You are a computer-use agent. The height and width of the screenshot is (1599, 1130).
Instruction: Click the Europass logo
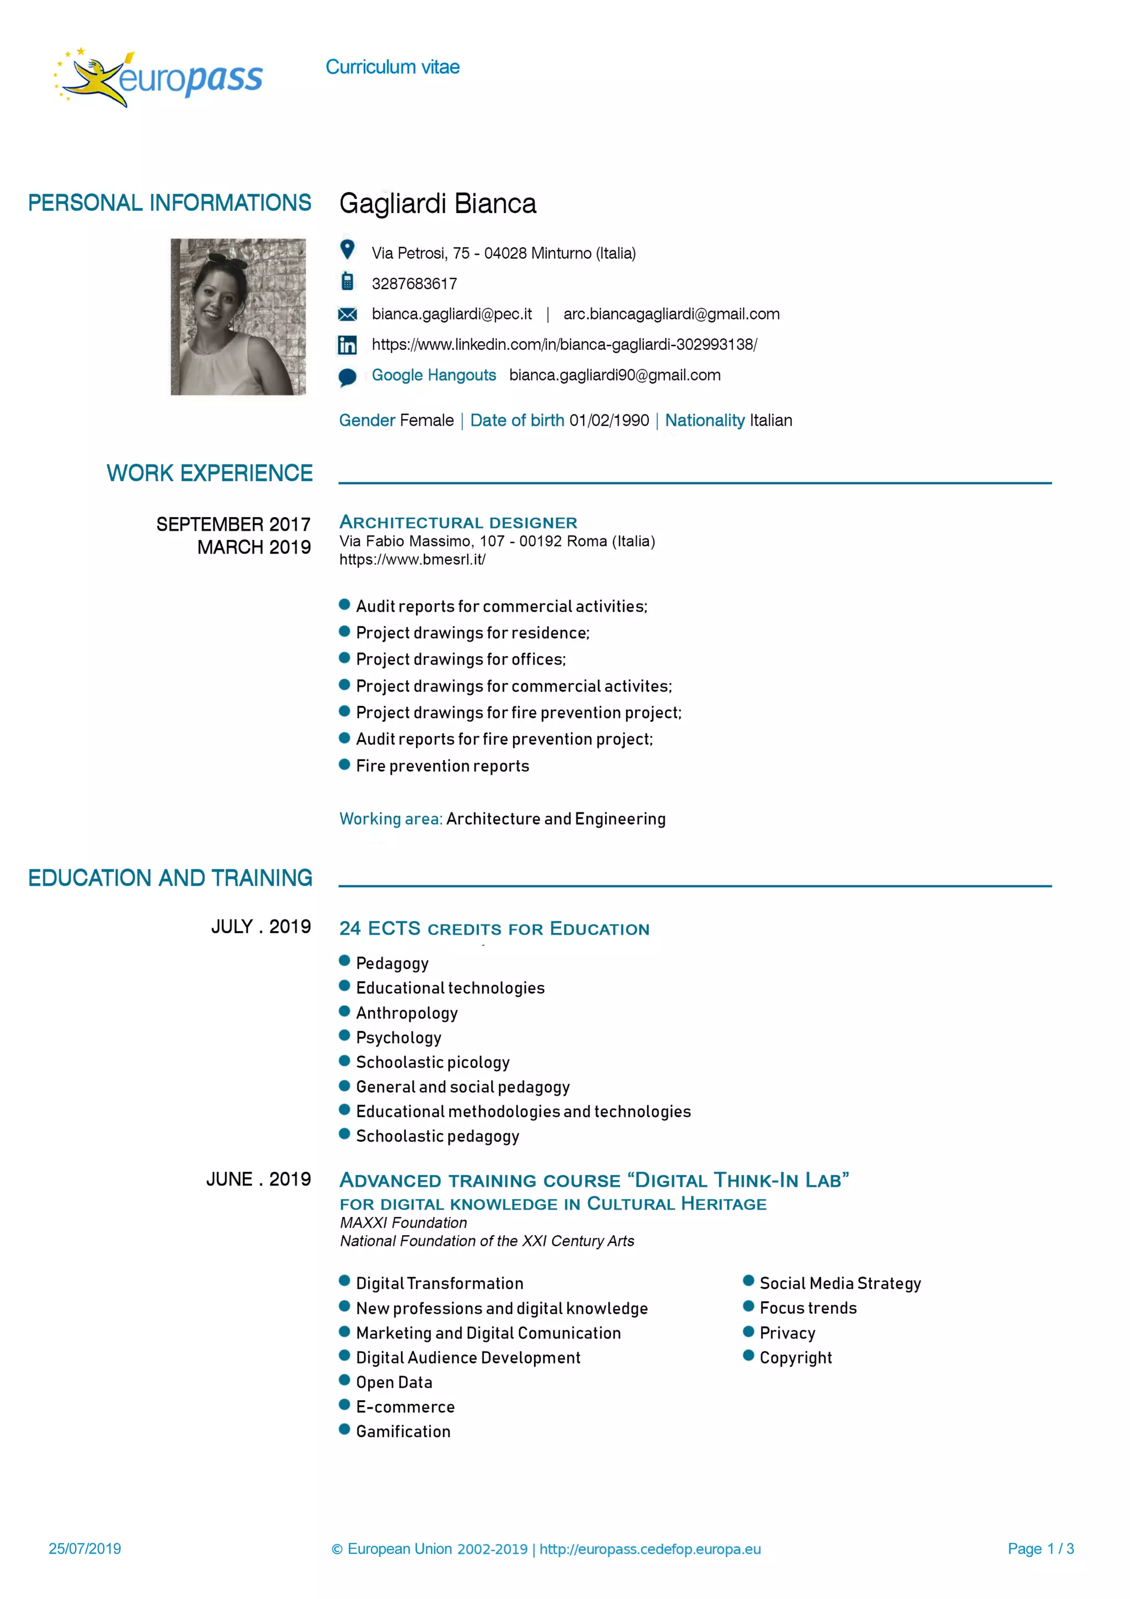[x=159, y=78]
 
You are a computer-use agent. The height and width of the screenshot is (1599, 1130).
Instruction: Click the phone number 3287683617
[x=414, y=284]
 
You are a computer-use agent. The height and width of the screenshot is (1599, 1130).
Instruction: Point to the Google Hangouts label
[x=433, y=375]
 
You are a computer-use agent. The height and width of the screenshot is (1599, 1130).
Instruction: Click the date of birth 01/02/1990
[x=609, y=420]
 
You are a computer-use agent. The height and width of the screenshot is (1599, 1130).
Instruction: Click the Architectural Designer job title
[x=458, y=522]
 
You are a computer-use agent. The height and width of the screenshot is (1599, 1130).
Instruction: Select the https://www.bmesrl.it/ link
[x=412, y=559]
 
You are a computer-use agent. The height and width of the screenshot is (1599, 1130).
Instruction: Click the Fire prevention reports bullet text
[x=442, y=766]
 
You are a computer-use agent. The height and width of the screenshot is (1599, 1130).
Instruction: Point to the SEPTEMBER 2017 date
[x=233, y=524]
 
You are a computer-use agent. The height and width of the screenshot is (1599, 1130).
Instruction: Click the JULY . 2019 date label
[x=261, y=926]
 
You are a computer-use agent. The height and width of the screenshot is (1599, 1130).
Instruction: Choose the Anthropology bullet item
[x=407, y=1013]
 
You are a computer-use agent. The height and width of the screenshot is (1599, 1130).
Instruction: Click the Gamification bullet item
[x=403, y=1431]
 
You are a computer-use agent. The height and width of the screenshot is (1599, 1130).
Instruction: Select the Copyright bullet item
[x=795, y=1357]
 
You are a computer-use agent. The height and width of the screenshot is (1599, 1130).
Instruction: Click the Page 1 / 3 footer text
[x=1040, y=1548]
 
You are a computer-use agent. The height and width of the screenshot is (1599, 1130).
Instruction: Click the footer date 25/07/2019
[x=85, y=1548]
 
